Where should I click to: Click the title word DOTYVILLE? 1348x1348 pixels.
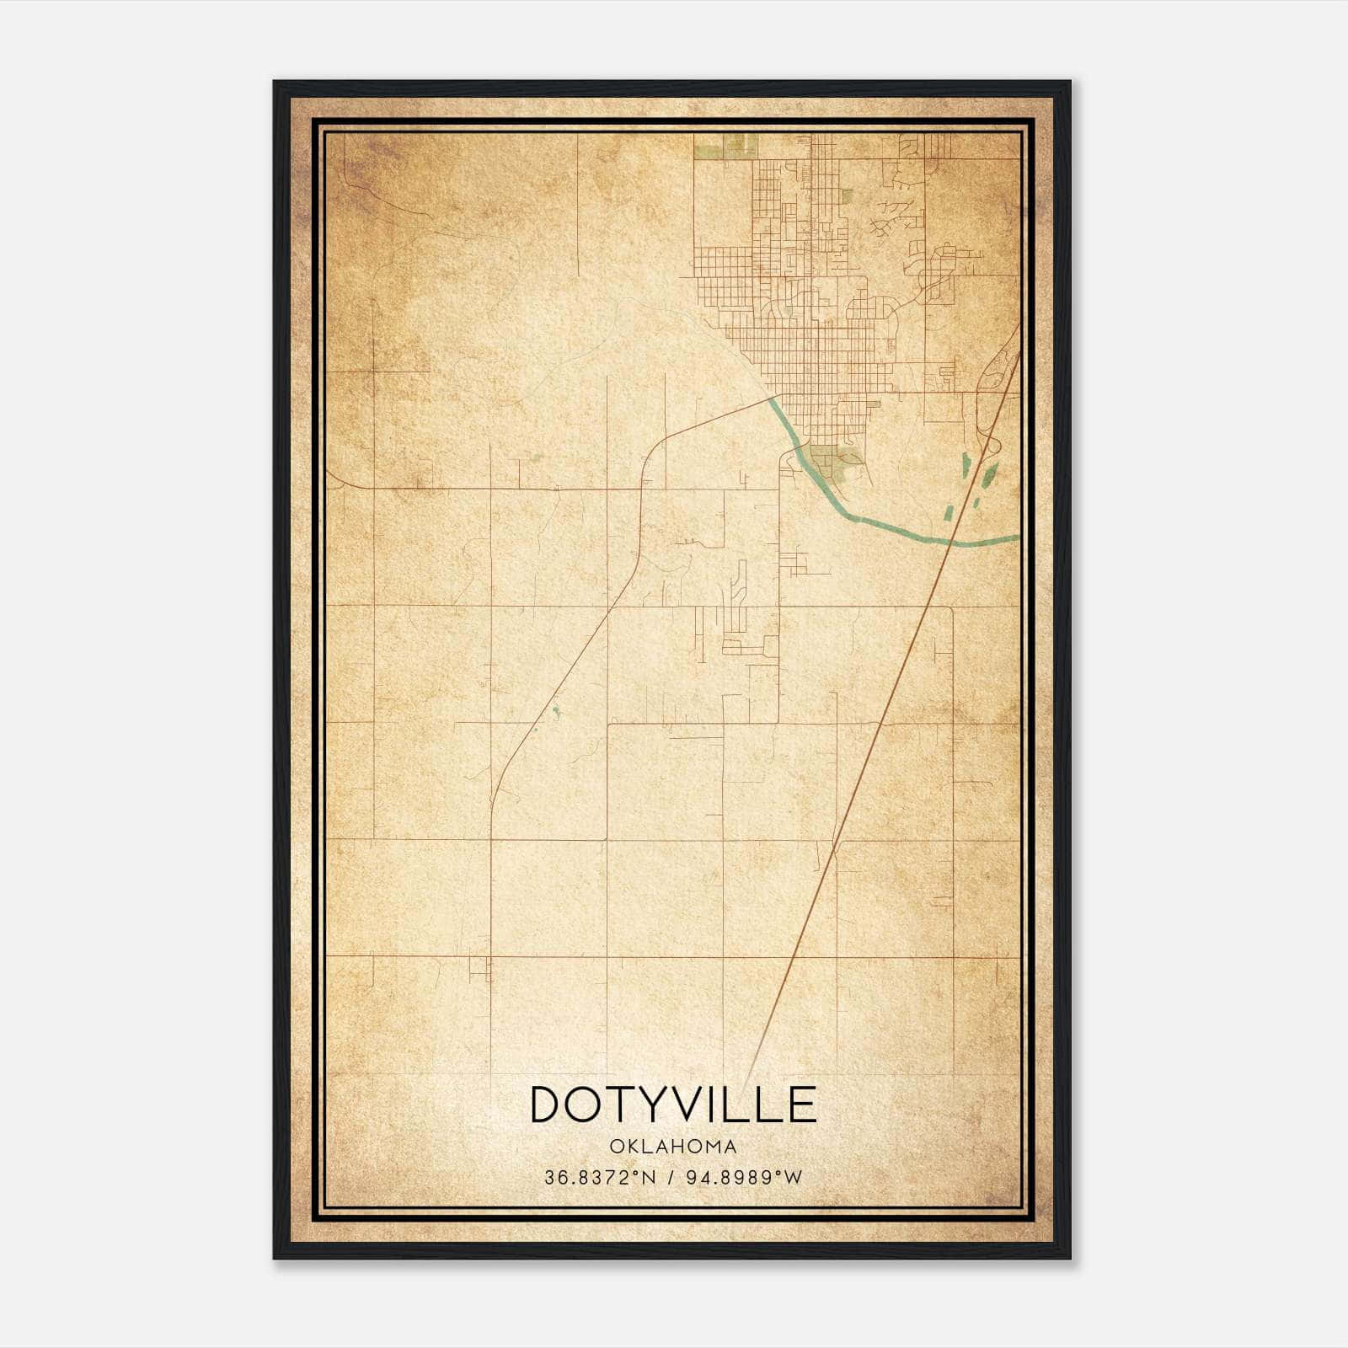click(x=673, y=1104)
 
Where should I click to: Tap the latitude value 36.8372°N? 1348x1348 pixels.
click(x=599, y=1178)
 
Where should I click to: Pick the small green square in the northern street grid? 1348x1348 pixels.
click(x=846, y=196)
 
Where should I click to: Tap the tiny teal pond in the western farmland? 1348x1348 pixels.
click(x=554, y=713)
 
